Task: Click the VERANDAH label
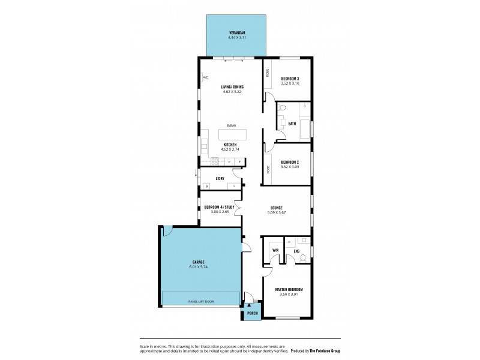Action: [x=236, y=32]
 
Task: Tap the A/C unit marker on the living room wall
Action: [x=205, y=77]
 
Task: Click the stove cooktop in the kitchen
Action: [x=214, y=161]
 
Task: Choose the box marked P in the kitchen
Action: [x=229, y=162]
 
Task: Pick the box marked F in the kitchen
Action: [x=241, y=162]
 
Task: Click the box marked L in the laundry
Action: [x=235, y=187]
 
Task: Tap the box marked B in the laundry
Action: [x=207, y=187]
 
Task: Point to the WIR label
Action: [x=275, y=250]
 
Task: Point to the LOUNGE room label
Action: [x=276, y=208]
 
